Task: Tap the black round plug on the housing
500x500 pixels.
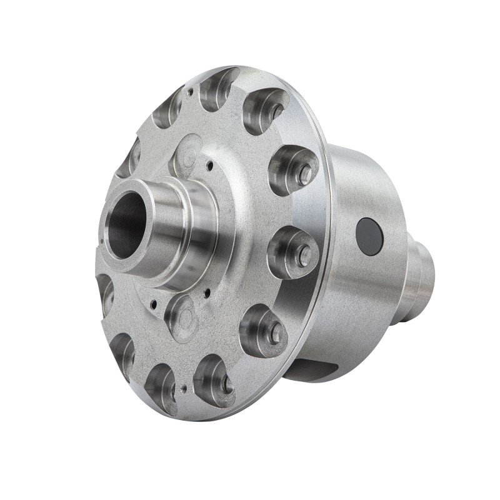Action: point(369,237)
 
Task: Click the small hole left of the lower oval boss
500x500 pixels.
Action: point(153,304)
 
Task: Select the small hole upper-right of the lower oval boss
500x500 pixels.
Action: point(207,291)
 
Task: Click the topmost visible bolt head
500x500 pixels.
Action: point(276,110)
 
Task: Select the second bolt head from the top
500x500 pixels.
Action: point(305,175)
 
